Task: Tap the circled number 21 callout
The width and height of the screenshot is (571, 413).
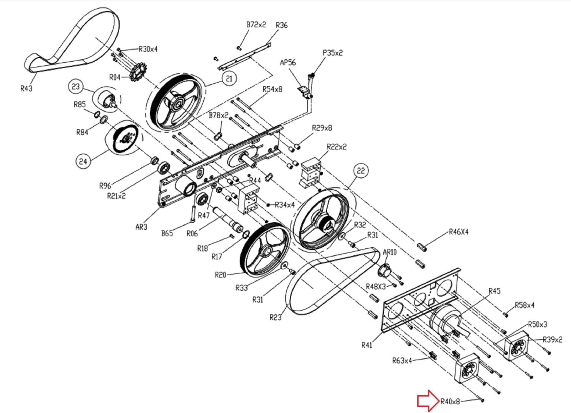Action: [x=229, y=78]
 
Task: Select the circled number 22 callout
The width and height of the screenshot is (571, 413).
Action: [x=360, y=171]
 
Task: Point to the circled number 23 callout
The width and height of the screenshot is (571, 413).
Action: [x=76, y=87]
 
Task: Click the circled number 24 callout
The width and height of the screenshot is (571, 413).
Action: [x=83, y=161]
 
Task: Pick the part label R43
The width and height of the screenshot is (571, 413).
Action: [x=26, y=88]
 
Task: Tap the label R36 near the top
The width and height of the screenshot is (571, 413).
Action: [x=281, y=25]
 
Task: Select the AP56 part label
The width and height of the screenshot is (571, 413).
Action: [x=288, y=62]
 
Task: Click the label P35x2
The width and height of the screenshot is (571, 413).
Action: [x=333, y=53]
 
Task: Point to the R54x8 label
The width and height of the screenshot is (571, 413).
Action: [x=272, y=89]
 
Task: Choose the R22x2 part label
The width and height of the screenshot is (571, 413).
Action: [x=337, y=147]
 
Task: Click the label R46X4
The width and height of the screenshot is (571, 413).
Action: [x=459, y=232]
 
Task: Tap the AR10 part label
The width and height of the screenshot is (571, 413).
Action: [x=389, y=252]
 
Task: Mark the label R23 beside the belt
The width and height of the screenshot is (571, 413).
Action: [x=275, y=317]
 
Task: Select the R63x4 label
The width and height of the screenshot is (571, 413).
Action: [x=402, y=361]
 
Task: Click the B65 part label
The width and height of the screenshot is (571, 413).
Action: [x=167, y=233]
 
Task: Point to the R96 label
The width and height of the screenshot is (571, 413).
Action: [x=105, y=186]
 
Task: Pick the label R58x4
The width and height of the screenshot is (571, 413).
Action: [x=524, y=305]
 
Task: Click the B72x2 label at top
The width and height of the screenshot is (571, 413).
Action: [x=256, y=25]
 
